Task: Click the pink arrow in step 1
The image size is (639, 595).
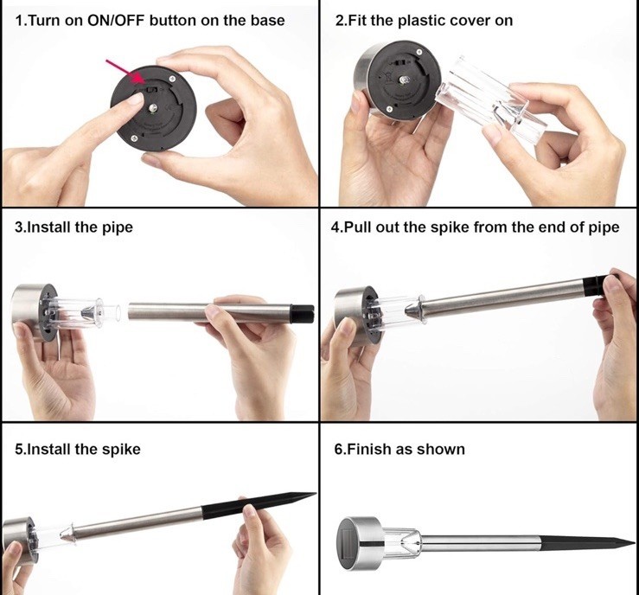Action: pyautogui.click(x=125, y=72)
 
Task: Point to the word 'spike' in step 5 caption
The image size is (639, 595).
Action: pyautogui.click(x=121, y=449)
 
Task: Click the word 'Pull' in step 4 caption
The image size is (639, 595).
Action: pyautogui.click(x=358, y=227)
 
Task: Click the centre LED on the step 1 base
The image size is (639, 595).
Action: pyautogui.click(x=153, y=108)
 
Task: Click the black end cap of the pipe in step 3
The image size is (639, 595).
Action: pyautogui.click(x=302, y=314)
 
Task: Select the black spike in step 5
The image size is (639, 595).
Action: pyautogui.click(x=259, y=505)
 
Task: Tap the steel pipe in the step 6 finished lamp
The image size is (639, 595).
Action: pyautogui.click(x=481, y=543)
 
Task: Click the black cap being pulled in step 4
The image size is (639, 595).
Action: pyautogui.click(x=595, y=285)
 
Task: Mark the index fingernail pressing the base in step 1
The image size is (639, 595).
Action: pyautogui.click(x=136, y=99)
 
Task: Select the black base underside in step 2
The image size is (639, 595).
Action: pyautogui.click(x=402, y=81)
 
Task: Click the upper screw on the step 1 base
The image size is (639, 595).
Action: pyautogui.click(x=172, y=79)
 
